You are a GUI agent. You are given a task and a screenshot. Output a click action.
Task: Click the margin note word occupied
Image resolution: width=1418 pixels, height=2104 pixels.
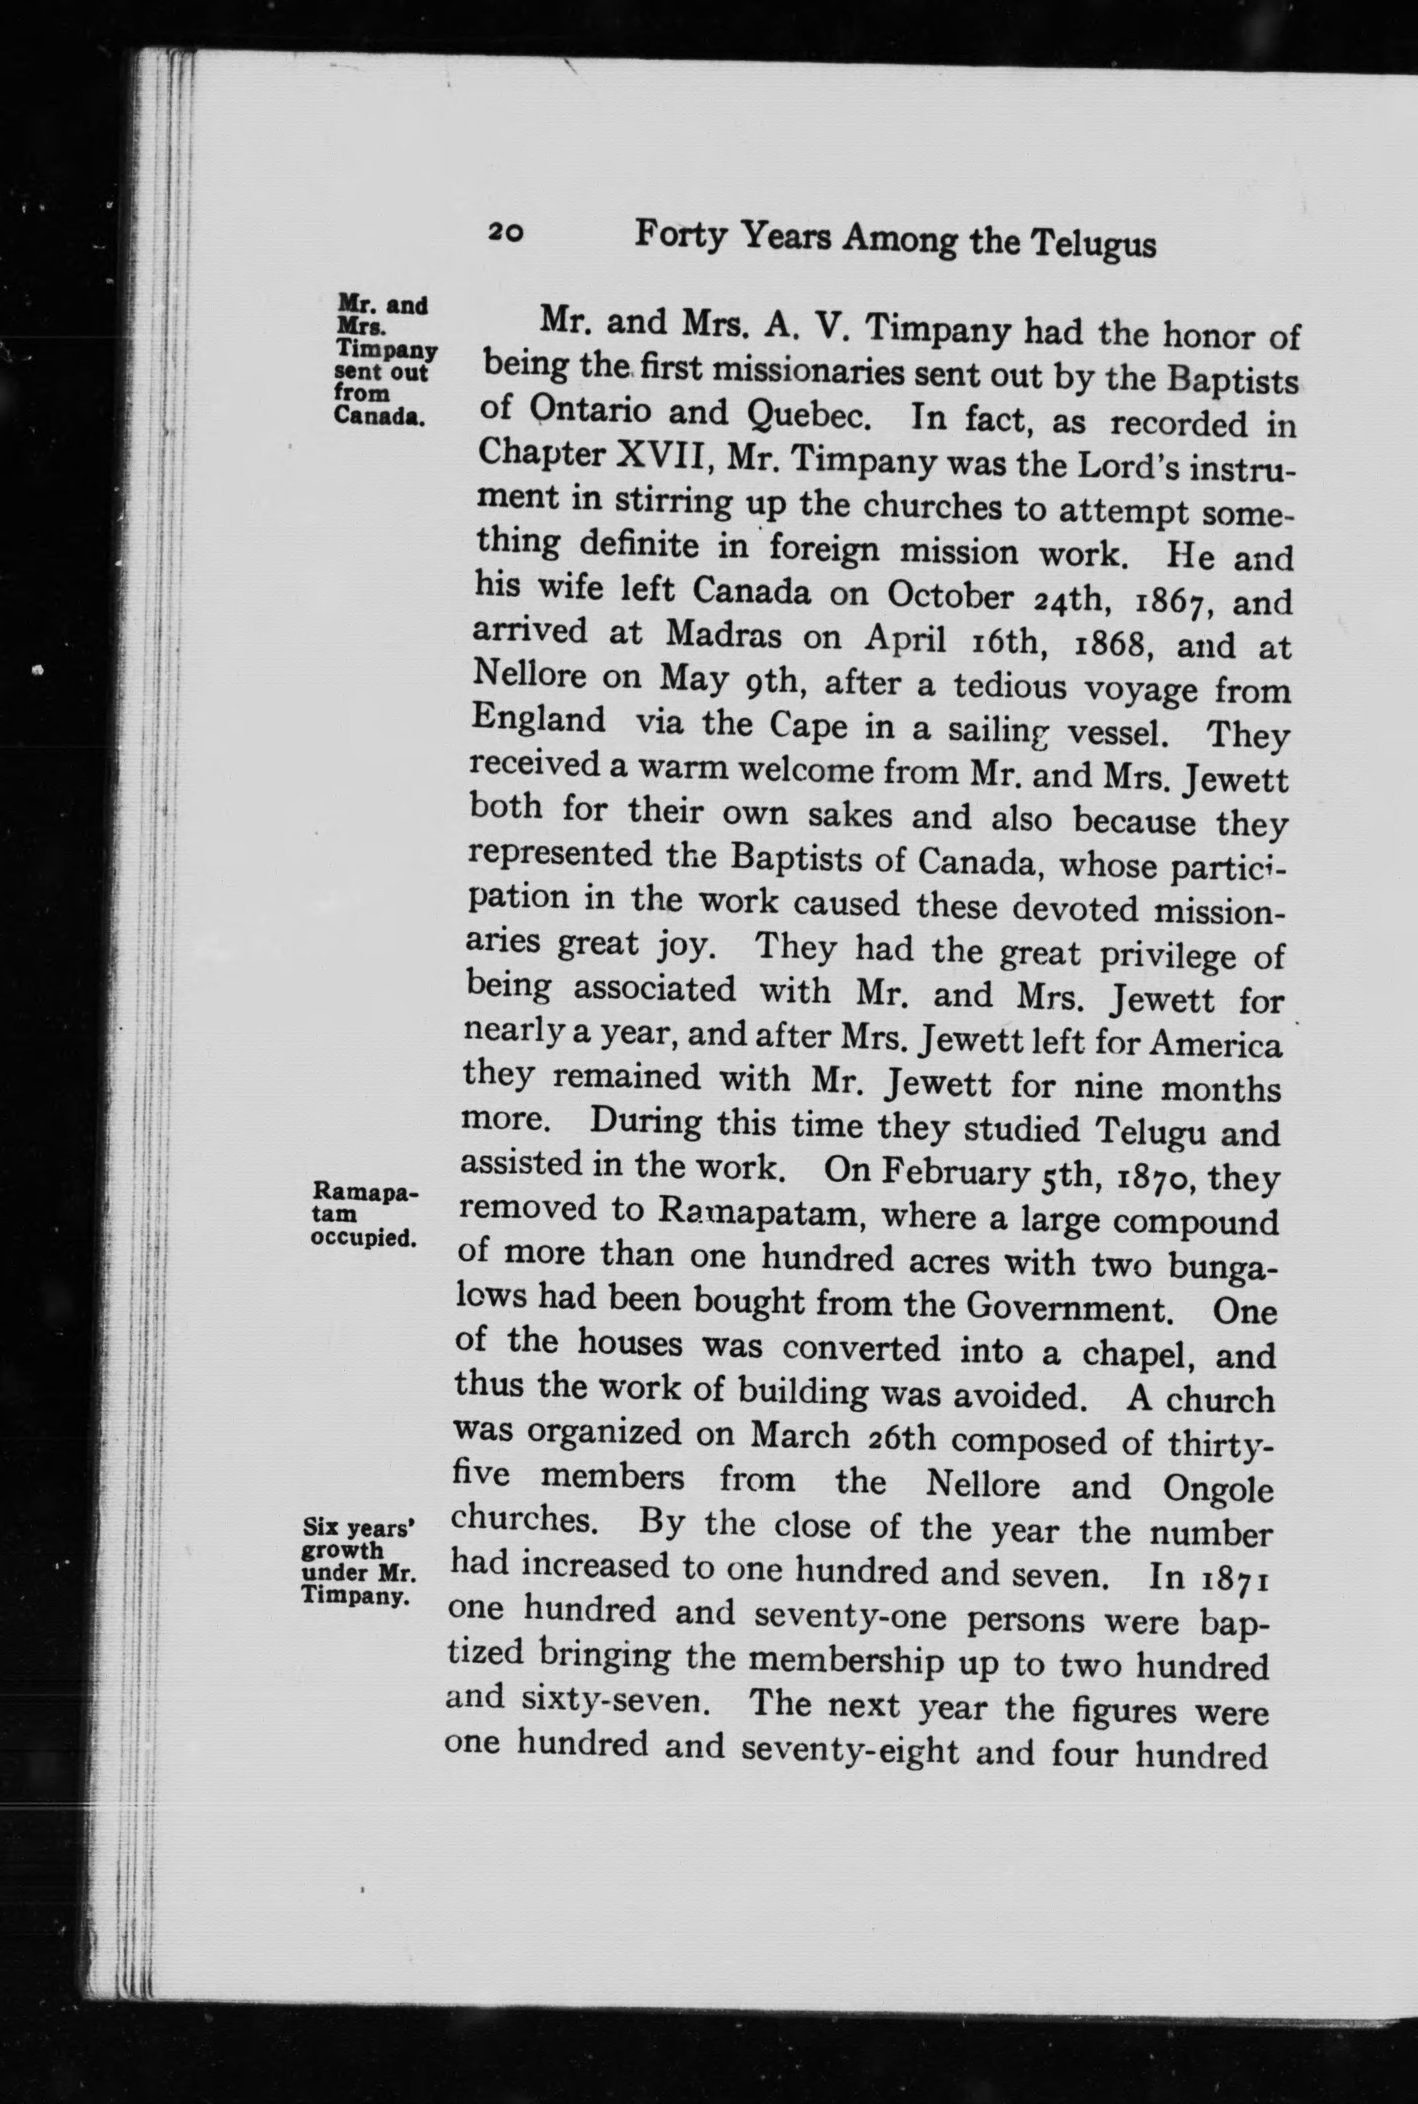click(x=364, y=1238)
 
